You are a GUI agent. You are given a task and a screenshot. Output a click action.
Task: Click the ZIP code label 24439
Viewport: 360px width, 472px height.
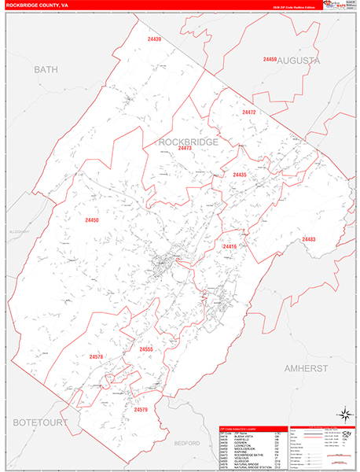[x=154, y=39]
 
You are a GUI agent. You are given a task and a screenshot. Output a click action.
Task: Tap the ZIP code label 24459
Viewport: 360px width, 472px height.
[x=270, y=60]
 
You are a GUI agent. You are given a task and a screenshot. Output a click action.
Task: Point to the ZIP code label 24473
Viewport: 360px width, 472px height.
[x=185, y=149]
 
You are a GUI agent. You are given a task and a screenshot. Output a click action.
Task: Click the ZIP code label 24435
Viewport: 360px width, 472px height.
[x=240, y=175]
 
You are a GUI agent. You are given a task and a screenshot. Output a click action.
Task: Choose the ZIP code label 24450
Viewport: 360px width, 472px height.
[x=94, y=221]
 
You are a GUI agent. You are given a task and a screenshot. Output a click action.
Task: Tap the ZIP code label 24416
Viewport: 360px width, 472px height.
[x=230, y=247]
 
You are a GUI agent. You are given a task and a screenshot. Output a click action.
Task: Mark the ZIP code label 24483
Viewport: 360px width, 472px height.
[x=308, y=239]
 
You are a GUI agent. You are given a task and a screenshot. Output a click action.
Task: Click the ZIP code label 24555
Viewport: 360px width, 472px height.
[x=147, y=348]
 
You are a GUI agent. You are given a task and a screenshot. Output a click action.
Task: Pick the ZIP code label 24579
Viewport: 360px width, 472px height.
[x=140, y=410]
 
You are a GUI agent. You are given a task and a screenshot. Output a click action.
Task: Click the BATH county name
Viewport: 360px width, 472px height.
[x=46, y=70]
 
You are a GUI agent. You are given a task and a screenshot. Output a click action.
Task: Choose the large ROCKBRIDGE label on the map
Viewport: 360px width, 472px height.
[x=189, y=142]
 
